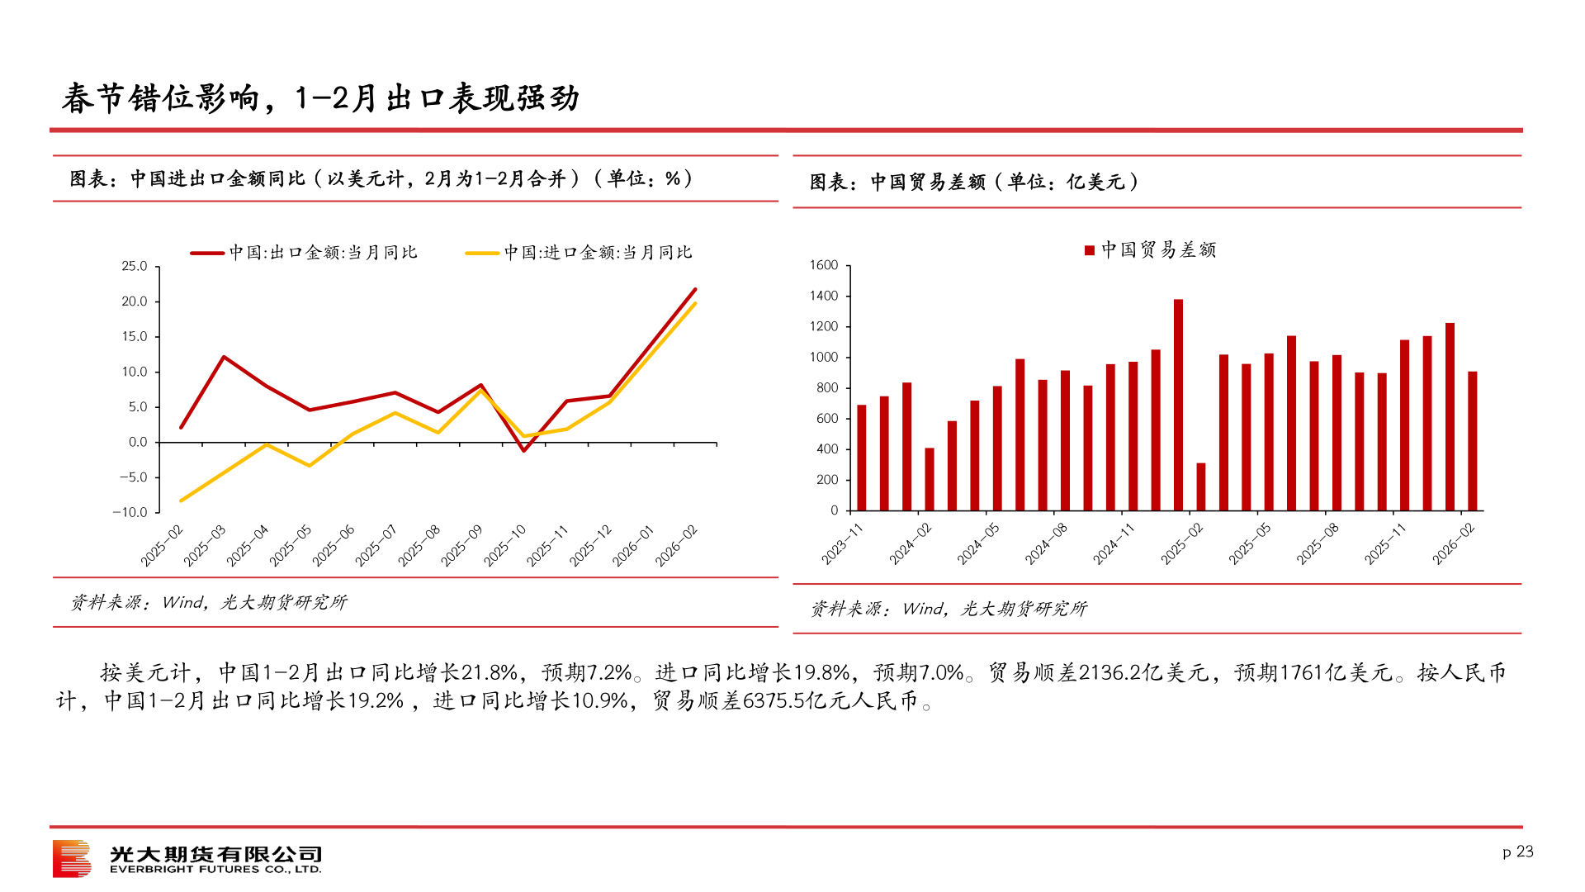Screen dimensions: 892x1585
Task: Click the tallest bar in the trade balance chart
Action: tap(1178, 405)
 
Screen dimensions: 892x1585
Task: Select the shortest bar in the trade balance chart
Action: tap(1201, 486)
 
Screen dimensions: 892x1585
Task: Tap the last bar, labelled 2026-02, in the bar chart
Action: tap(1473, 441)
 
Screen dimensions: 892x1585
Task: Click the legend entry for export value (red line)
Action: tap(305, 253)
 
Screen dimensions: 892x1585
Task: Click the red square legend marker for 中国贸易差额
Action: tap(1090, 250)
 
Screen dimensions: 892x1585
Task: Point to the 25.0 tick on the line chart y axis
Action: tap(135, 266)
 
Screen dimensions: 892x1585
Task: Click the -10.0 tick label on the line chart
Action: tap(130, 512)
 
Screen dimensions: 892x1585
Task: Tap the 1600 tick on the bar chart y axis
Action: tap(824, 265)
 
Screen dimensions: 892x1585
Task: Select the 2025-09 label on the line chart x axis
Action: tap(462, 545)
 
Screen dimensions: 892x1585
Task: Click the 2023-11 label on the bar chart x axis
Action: tap(843, 543)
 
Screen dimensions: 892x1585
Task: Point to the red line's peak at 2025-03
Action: tap(224, 357)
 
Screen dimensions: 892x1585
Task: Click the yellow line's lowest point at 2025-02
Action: tap(181, 501)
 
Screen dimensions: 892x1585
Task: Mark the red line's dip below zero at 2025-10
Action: tap(523, 450)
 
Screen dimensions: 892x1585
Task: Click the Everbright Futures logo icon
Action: tap(72, 858)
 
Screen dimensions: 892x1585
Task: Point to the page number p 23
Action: tap(1517, 852)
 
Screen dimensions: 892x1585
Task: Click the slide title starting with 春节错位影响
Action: tap(320, 98)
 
